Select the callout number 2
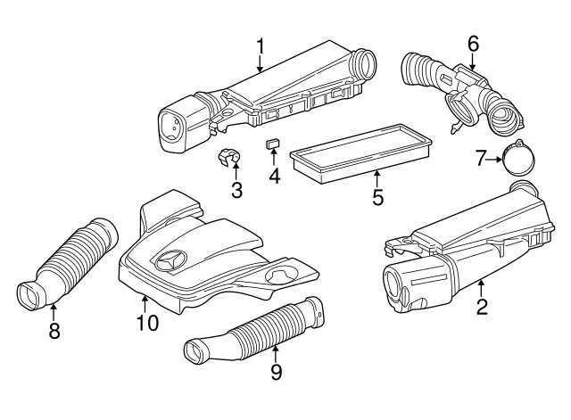[483, 309]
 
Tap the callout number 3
[236, 189]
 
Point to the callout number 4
[275, 176]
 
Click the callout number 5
[377, 196]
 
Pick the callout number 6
[473, 43]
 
